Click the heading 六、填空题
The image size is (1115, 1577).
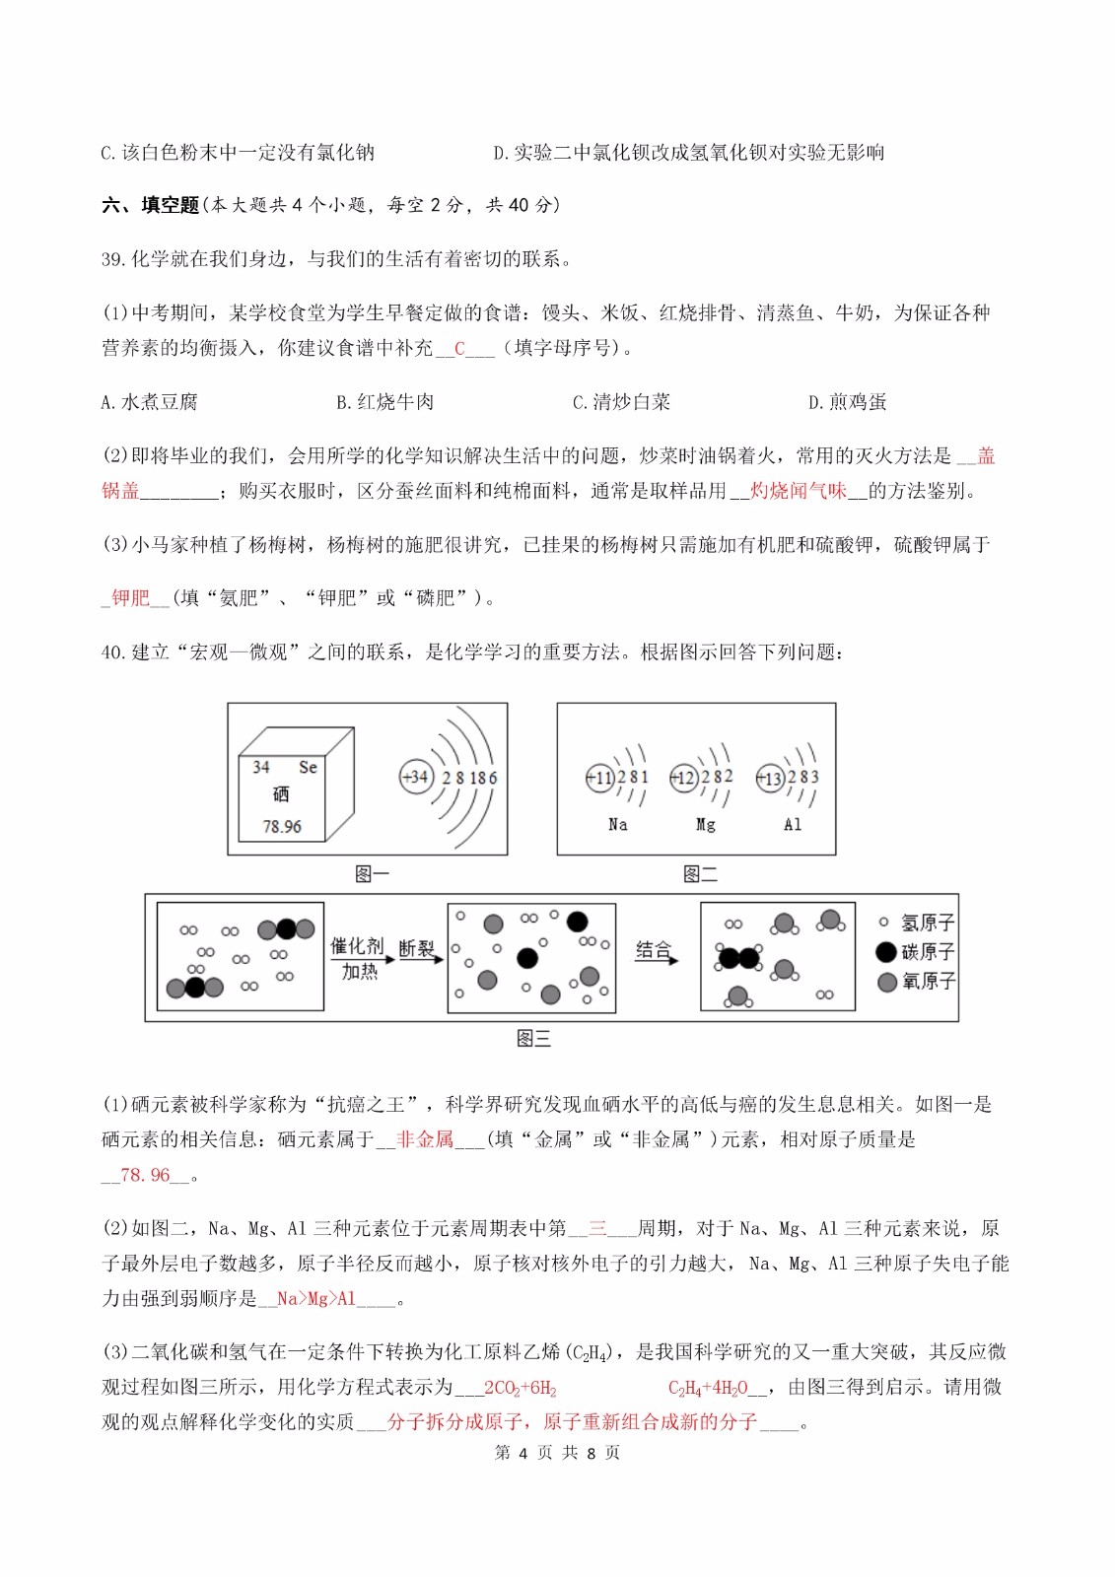click(150, 205)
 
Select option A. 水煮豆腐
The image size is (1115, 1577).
click(149, 402)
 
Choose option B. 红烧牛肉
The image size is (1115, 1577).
click(384, 402)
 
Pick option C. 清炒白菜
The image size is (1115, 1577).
click(621, 402)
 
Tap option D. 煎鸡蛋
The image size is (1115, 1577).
click(847, 402)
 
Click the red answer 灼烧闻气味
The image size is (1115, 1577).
click(798, 491)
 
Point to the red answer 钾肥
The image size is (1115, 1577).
click(130, 598)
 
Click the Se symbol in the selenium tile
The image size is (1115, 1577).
click(308, 767)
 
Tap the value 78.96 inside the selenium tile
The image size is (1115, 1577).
click(282, 826)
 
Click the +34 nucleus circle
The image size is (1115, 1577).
click(416, 777)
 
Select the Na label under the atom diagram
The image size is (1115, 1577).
click(617, 825)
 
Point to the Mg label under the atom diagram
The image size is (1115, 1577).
click(705, 825)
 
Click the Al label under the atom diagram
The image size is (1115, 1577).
click(793, 825)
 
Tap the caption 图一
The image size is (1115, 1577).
click(372, 873)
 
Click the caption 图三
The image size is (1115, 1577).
click(533, 1038)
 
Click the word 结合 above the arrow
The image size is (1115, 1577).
click(653, 949)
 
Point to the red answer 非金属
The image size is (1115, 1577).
click(425, 1140)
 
